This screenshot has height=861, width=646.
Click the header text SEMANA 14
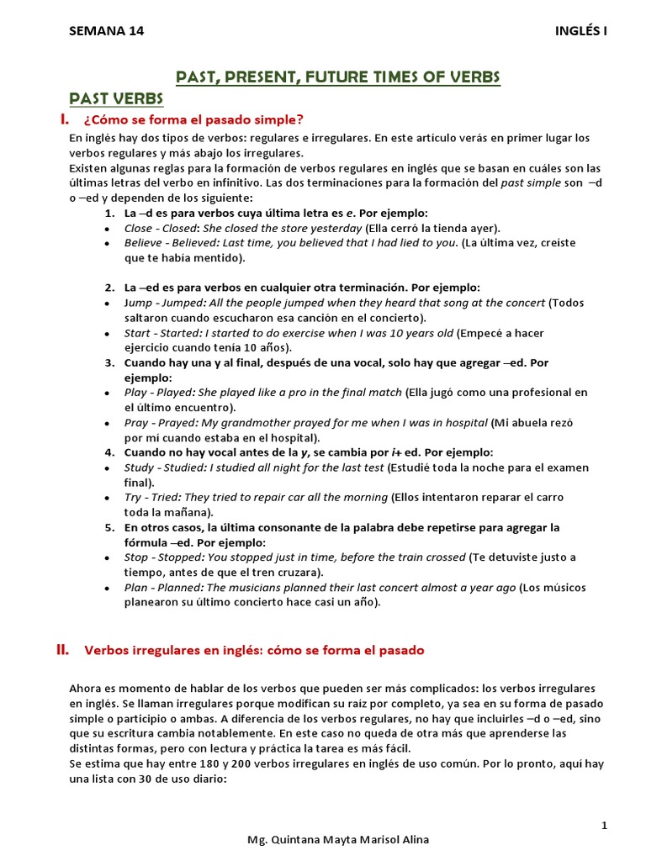coord(106,31)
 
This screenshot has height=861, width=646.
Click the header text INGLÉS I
coord(581,31)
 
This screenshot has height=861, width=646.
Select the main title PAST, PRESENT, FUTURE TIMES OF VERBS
coord(337,78)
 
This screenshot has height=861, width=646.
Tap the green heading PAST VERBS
coord(116,99)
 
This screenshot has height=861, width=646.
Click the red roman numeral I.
coord(61,119)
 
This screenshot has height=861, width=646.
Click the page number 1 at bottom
coord(604,826)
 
